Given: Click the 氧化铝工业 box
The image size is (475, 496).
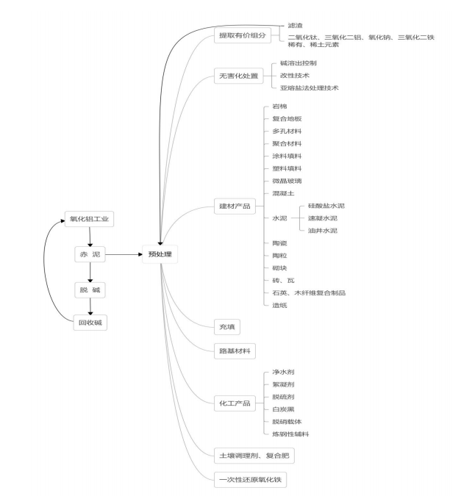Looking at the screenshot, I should click(90, 218).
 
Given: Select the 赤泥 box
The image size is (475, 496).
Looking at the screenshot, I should click(90, 254).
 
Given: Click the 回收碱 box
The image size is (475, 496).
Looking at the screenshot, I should click(90, 321).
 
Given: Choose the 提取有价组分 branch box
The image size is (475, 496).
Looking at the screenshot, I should click(240, 35).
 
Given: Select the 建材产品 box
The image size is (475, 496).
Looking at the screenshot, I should click(235, 206).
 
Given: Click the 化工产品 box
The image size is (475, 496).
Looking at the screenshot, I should click(235, 403).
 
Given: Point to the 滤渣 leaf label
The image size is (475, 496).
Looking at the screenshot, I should click(296, 24).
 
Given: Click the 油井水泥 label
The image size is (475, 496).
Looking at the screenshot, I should click(323, 231).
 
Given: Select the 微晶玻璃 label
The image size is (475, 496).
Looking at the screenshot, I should click(286, 181).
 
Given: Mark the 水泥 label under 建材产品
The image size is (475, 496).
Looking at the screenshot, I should click(278, 218).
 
